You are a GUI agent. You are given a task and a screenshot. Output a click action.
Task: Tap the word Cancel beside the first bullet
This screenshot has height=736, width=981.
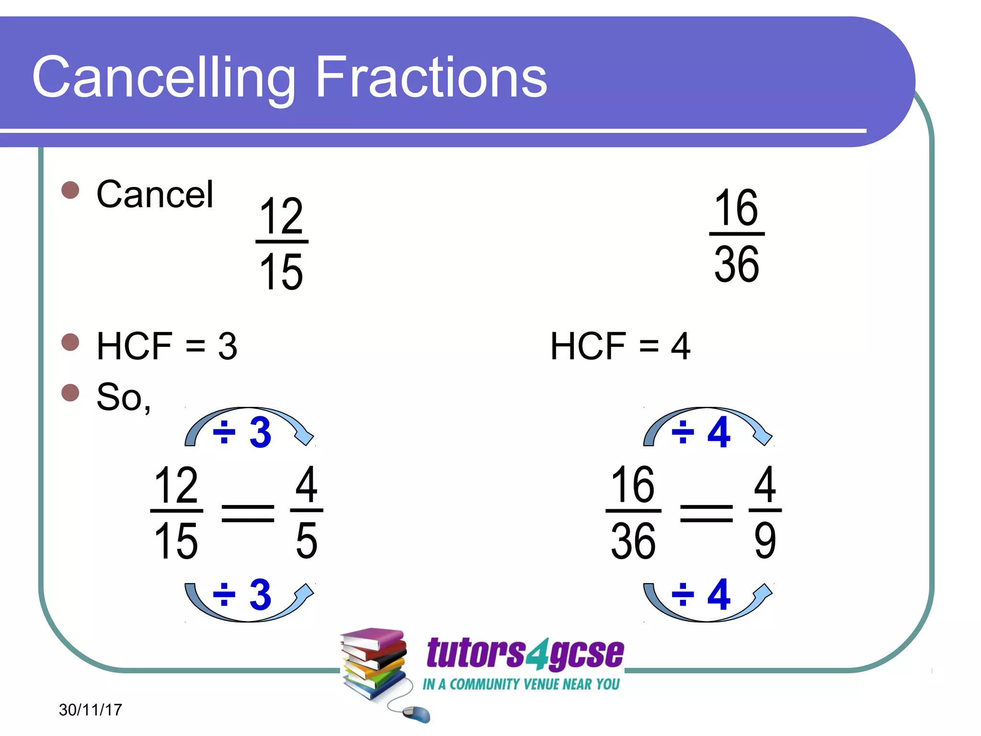(155, 195)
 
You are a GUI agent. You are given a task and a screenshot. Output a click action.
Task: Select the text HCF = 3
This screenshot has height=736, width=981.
(167, 346)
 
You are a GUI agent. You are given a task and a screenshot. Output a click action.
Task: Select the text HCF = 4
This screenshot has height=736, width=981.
(620, 346)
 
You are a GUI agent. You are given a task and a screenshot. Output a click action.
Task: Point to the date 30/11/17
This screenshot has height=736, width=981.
(91, 710)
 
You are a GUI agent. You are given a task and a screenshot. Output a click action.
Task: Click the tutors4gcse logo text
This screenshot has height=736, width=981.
(525, 653)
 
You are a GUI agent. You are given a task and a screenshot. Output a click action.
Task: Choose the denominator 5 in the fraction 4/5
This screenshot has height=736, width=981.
(307, 540)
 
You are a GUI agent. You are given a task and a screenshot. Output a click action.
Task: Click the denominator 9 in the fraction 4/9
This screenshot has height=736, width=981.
(765, 540)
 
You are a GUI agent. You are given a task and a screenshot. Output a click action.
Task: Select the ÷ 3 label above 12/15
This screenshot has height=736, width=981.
(242, 432)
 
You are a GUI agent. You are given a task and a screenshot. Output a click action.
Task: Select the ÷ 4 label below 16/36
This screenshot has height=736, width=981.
(701, 595)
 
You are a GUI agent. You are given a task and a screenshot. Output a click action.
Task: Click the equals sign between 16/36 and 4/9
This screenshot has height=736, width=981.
(707, 513)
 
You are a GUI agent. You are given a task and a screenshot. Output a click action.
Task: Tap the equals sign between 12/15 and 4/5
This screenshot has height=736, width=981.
(248, 513)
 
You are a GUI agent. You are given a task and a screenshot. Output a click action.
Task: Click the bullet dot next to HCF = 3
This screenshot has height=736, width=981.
(70, 342)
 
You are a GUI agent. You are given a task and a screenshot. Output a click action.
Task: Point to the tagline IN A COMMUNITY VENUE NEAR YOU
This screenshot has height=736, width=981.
(521, 684)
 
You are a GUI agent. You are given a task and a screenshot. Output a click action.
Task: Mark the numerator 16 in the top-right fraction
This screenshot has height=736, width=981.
(736, 208)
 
